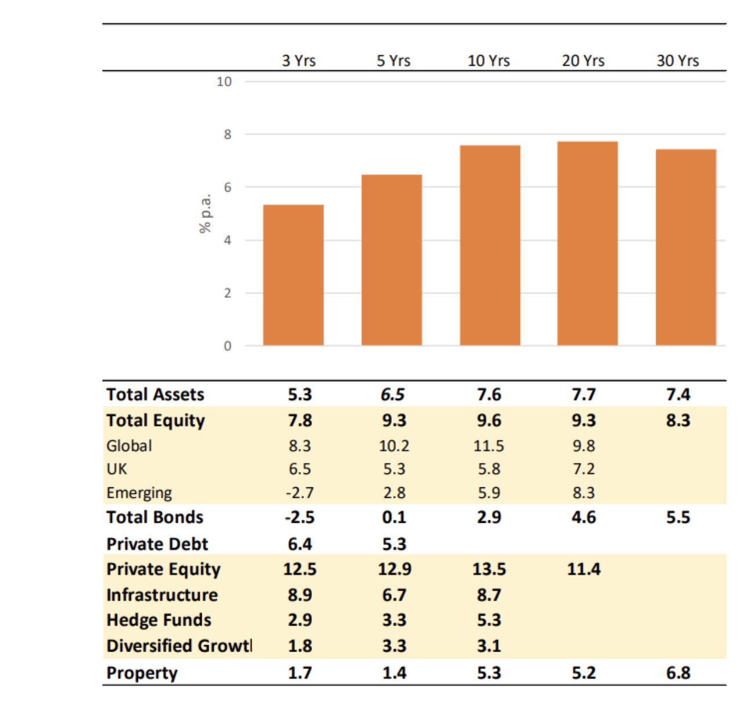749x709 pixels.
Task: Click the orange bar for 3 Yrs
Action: pyautogui.click(x=293, y=275)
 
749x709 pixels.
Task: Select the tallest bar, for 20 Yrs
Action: pyautogui.click(x=587, y=244)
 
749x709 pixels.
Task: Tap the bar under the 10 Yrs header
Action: pyautogui.click(x=490, y=245)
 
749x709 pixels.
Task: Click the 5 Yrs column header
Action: pyautogui.click(x=394, y=60)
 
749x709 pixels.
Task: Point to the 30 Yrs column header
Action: pyautogui.click(x=678, y=60)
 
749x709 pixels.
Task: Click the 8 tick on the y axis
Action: pyautogui.click(x=227, y=135)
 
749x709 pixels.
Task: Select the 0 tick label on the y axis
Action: pyautogui.click(x=227, y=346)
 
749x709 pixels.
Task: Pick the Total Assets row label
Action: pyautogui.click(x=155, y=395)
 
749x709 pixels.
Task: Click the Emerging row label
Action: pyautogui.click(x=139, y=493)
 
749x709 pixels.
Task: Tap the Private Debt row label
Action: pyautogui.click(x=157, y=544)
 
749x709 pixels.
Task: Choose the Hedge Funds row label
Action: pyautogui.click(x=159, y=620)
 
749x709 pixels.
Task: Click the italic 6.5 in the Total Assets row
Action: pyautogui.click(x=393, y=395)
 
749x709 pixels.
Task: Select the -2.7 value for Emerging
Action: pyautogui.click(x=300, y=493)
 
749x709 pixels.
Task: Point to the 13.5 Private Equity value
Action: pyautogui.click(x=489, y=569)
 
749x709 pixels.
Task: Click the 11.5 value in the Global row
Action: pyautogui.click(x=489, y=446)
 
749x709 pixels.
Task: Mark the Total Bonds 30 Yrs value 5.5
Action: pyautogui.click(x=678, y=517)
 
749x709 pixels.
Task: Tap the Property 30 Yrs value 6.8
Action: pyautogui.click(x=678, y=673)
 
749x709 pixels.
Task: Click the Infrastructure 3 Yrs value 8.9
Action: pyautogui.click(x=300, y=595)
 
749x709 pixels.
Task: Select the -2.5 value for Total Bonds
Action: pyautogui.click(x=300, y=517)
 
